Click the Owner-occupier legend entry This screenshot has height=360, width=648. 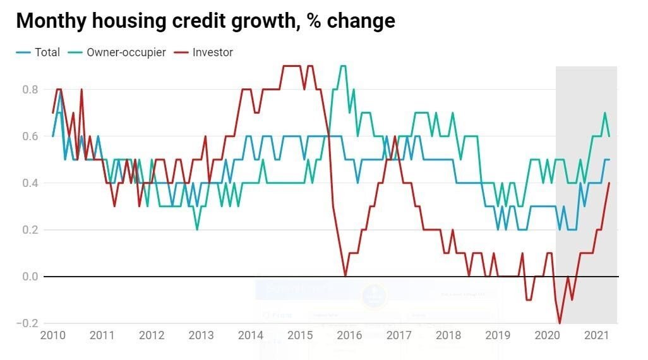[125, 52]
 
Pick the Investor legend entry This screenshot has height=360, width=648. [213, 52]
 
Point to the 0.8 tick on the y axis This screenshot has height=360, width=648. [30, 90]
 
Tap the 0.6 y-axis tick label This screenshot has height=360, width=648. [30, 136]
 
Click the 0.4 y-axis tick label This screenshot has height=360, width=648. [30, 183]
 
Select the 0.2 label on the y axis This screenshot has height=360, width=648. [30, 230]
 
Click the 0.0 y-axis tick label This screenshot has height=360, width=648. [30, 277]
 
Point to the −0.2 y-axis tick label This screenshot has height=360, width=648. [28, 323]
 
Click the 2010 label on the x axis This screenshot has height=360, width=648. [52, 335]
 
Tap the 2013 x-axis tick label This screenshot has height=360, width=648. [201, 335]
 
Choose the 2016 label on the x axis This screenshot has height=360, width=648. [349, 335]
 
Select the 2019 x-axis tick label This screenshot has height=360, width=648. [498, 335]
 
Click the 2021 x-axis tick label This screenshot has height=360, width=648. [596, 335]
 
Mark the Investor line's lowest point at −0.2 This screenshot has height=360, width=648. [560, 323]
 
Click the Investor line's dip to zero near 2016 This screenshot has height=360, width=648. [345, 276]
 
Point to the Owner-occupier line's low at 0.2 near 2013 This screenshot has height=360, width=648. [197, 230]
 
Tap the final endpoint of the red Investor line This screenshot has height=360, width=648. [609, 183]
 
